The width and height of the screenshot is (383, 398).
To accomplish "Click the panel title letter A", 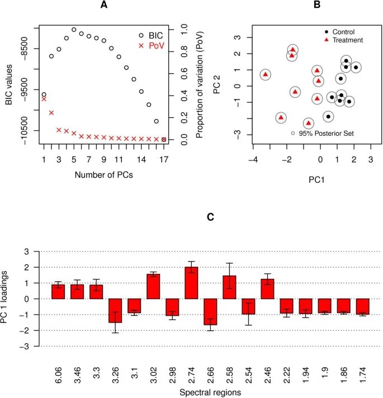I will [x=103, y=5].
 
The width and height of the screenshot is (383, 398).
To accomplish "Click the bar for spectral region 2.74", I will [x=191, y=283].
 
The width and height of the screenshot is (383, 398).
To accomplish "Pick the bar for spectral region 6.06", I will [x=58, y=292].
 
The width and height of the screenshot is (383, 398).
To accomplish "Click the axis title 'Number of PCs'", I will [x=103, y=174].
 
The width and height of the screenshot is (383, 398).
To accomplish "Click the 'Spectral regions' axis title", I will [x=210, y=392].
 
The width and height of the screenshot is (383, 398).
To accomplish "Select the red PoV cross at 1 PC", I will [x=44, y=99].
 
